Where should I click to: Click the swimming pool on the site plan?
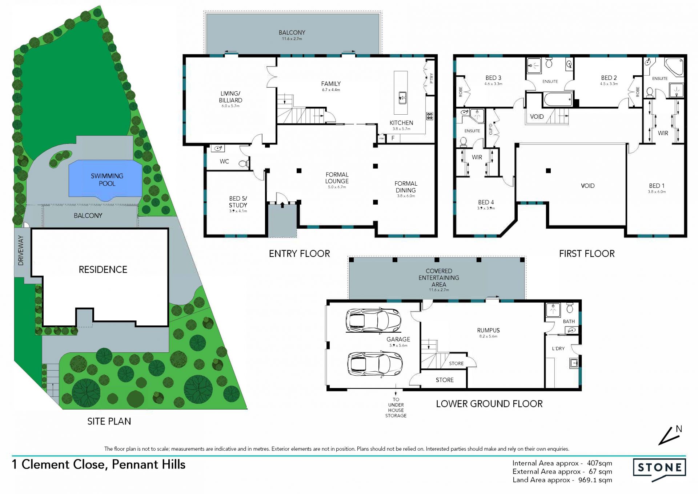pyautogui.click(x=105, y=180)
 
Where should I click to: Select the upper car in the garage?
pyautogui.click(x=373, y=321)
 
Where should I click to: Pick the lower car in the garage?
pyautogui.click(x=375, y=364)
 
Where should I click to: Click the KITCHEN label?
pyautogui.click(x=401, y=123)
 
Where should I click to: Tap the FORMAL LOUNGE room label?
pyautogui.click(x=337, y=178)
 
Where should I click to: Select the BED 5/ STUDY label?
pyautogui.click(x=238, y=202)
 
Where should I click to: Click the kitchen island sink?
pyautogui.click(x=402, y=98)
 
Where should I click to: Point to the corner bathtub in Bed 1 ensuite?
pyautogui.click(x=675, y=66)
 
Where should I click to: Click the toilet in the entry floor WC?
pyautogui.click(x=244, y=164)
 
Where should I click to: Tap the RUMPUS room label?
pyautogui.click(x=488, y=330)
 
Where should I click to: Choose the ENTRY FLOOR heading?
pyautogui.click(x=300, y=254)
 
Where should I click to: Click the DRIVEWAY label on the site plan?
pyautogui.click(x=21, y=250)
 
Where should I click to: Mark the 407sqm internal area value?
pyautogui.click(x=599, y=463)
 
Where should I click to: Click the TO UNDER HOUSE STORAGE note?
pyautogui.click(x=396, y=407)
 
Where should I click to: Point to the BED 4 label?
pyautogui.click(x=486, y=202)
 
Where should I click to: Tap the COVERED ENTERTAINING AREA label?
pyautogui.click(x=439, y=278)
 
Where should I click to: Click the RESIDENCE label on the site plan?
pyautogui.click(x=103, y=269)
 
